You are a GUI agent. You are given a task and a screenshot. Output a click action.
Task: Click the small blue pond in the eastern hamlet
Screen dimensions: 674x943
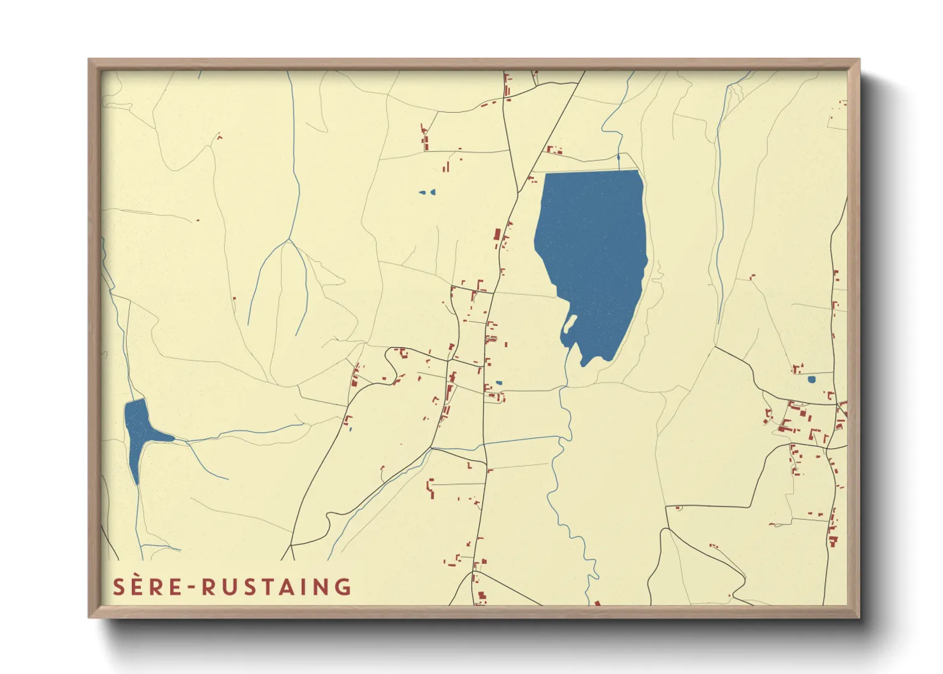[811, 379]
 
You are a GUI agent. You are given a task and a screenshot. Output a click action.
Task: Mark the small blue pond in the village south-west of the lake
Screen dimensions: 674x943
[498, 383]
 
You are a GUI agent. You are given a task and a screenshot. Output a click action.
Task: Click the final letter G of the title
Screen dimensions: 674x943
[343, 587]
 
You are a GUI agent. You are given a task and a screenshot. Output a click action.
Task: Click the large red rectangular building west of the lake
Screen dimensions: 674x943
[497, 234]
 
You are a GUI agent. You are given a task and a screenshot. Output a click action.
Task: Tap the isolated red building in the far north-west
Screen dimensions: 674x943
[219, 136]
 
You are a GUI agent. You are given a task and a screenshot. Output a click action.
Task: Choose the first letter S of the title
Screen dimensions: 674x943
[119, 587]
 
